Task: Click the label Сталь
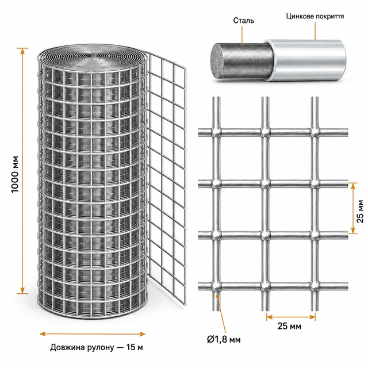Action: pyautogui.click(x=243, y=21)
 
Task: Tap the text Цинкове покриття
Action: pyautogui.click(x=315, y=16)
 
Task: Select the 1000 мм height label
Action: pyautogui.click(x=15, y=174)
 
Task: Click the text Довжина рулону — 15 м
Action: pyautogui.click(x=97, y=347)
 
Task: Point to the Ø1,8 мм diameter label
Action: pyautogui.click(x=224, y=339)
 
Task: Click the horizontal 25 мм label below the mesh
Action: pyautogui.click(x=289, y=326)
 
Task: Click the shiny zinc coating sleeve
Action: pyautogui.click(x=305, y=60)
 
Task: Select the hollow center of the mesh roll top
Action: pyautogui.click(x=92, y=56)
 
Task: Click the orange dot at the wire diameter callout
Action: pyautogui.click(x=217, y=297)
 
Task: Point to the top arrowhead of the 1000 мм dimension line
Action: pyautogui.click(x=22, y=51)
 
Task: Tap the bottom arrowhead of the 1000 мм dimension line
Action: pyautogui.click(x=22, y=290)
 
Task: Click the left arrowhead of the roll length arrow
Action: pyautogui.click(x=43, y=333)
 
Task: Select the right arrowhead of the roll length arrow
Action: pyautogui.click(x=142, y=333)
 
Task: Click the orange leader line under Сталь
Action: pyautogui.click(x=241, y=34)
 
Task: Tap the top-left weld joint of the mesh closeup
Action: pyautogui.click(x=216, y=132)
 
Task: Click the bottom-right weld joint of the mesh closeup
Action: pyautogui.click(x=315, y=286)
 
